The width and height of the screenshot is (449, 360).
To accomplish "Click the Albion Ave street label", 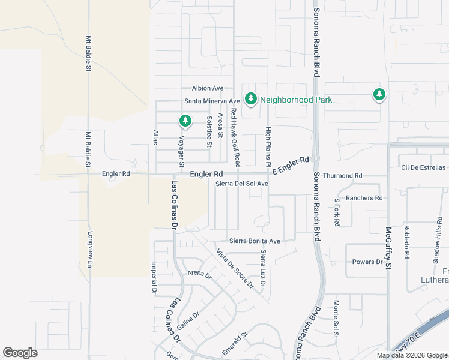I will click(x=208, y=88).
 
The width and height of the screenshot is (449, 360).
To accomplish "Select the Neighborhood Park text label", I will click(x=295, y=100).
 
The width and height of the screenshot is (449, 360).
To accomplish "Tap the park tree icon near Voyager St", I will click(x=185, y=121).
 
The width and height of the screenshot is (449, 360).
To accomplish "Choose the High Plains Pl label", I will click(x=268, y=142).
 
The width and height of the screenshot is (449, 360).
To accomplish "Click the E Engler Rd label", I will click(x=291, y=166).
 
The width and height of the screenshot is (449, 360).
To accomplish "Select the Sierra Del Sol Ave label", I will click(x=242, y=184).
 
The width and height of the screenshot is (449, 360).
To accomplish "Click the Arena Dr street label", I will click(x=200, y=274).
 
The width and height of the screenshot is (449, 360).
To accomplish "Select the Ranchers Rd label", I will click(x=364, y=198).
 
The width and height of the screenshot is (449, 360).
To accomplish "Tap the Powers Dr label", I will click(x=367, y=262).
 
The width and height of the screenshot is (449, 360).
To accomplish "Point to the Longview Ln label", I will click(x=91, y=248).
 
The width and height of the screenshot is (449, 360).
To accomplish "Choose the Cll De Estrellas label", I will click(x=423, y=167).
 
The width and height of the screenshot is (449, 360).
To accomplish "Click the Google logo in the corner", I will click(x=20, y=353).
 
